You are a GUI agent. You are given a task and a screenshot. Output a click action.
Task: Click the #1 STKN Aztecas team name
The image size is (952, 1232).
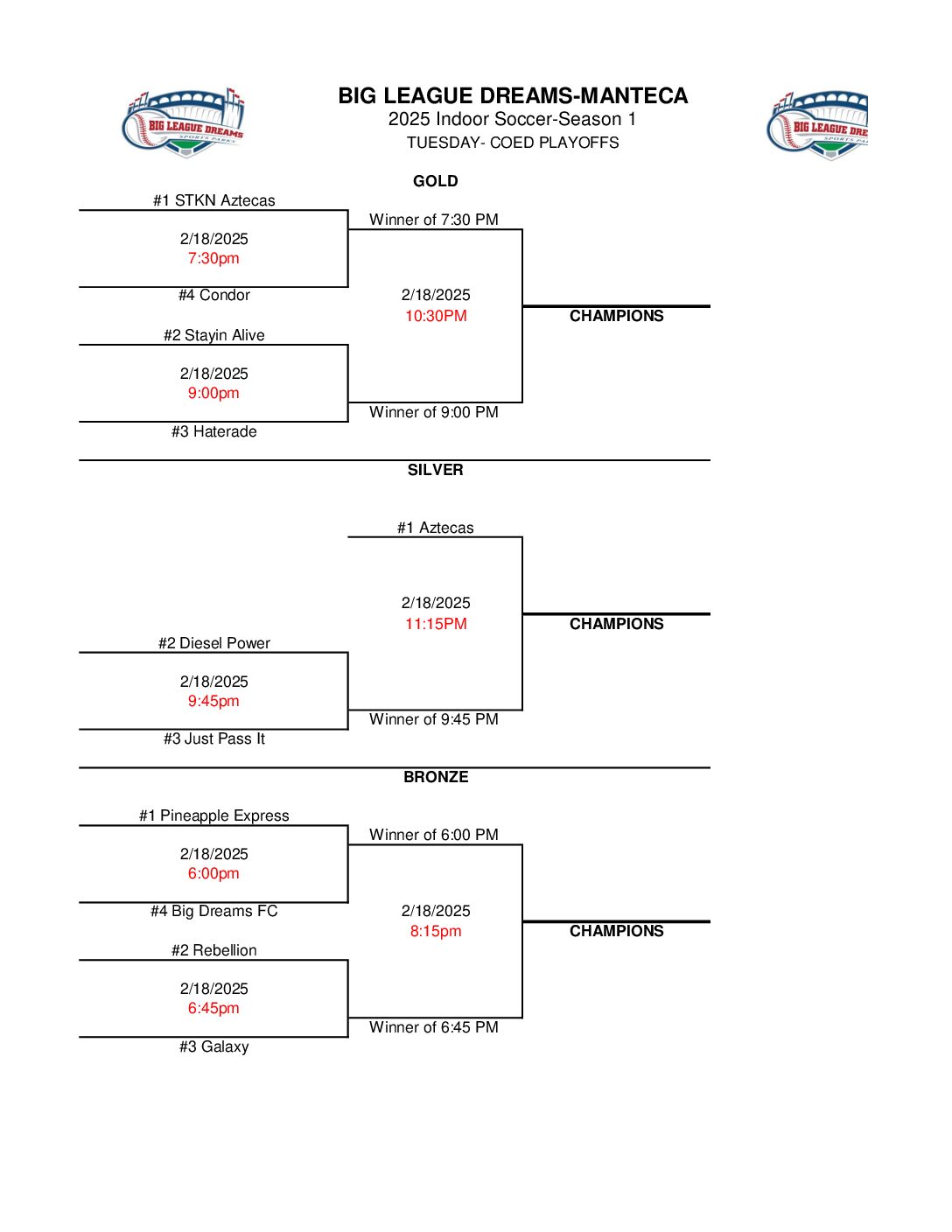(213, 200)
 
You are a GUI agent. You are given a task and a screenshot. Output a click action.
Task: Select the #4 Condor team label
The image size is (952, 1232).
(213, 295)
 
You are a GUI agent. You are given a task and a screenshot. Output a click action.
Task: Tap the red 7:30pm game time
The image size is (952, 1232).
(213, 258)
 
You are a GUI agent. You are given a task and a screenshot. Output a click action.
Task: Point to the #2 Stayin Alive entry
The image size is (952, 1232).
(213, 335)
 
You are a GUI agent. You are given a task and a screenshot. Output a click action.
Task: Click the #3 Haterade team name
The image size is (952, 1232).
(213, 431)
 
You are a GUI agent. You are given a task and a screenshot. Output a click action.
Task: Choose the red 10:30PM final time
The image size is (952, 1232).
(436, 316)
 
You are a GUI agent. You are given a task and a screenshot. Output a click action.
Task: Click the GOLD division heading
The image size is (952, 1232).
(435, 181)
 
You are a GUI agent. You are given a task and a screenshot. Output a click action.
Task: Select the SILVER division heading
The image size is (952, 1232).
(435, 470)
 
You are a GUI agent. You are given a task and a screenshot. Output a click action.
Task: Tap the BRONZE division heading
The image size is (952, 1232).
(436, 777)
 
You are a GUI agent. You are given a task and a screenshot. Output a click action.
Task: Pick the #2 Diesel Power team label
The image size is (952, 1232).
(213, 643)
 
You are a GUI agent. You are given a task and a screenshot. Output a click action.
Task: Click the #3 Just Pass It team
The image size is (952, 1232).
(213, 738)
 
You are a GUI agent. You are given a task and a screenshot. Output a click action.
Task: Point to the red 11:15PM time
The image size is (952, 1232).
(436, 624)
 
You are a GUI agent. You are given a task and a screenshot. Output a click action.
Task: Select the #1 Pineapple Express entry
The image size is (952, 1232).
(213, 815)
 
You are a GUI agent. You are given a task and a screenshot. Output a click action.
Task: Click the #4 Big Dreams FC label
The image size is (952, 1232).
(213, 911)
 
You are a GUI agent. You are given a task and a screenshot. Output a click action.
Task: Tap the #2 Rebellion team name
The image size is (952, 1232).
(213, 950)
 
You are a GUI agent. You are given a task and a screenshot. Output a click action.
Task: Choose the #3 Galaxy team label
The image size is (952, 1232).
(213, 1046)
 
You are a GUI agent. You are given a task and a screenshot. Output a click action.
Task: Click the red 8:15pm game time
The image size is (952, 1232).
(436, 931)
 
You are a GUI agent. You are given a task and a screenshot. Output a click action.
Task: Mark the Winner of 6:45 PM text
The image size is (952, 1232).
(433, 1027)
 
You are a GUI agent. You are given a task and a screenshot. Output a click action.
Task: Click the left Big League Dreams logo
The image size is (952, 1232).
(184, 123)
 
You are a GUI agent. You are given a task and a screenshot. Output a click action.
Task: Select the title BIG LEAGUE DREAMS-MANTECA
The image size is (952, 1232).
(513, 95)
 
